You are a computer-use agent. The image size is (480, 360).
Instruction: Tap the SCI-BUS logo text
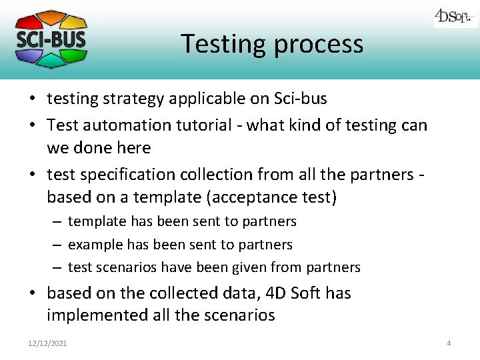(51, 39)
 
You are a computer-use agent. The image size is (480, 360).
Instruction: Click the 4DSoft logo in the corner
(455, 17)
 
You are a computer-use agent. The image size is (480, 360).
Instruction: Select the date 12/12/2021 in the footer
(47, 343)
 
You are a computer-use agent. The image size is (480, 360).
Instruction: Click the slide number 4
(449, 343)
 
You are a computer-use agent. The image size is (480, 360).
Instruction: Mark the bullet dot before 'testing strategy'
(32, 100)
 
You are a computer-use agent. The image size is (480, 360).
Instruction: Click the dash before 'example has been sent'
(57, 245)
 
